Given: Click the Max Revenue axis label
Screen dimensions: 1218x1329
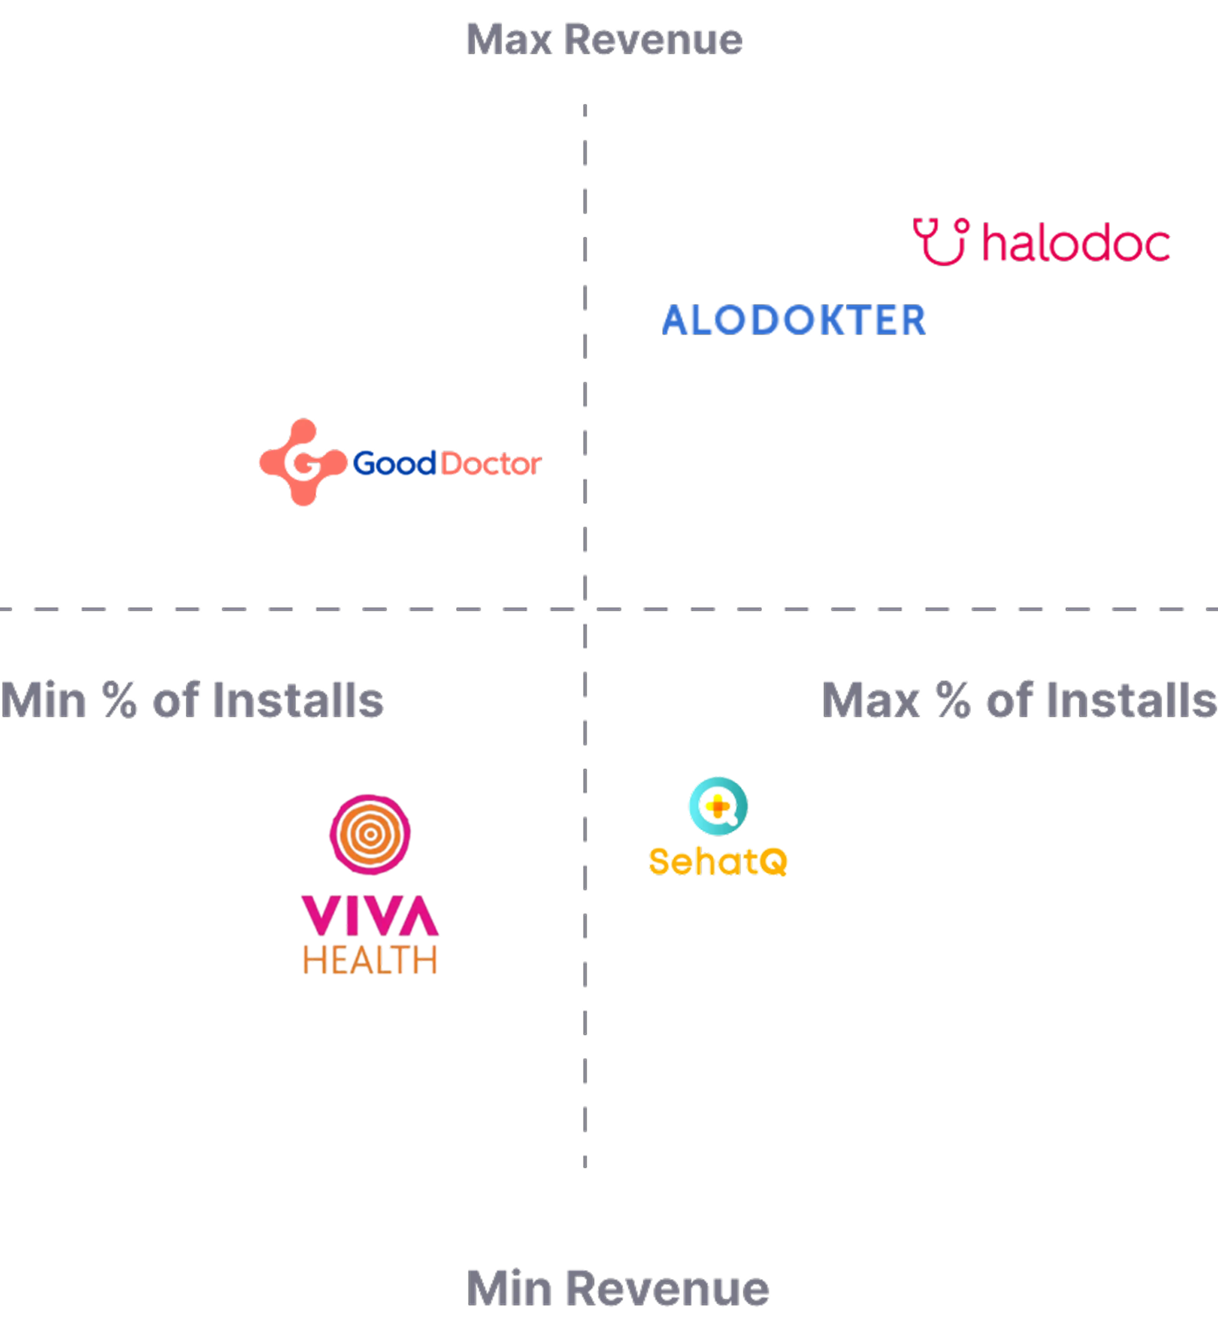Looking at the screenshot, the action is (x=603, y=40).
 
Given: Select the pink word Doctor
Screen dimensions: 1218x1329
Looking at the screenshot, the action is (x=491, y=465).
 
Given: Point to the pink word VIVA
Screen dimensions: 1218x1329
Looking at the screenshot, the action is (x=369, y=915).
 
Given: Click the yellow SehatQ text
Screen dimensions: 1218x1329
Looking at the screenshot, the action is (x=718, y=861).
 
